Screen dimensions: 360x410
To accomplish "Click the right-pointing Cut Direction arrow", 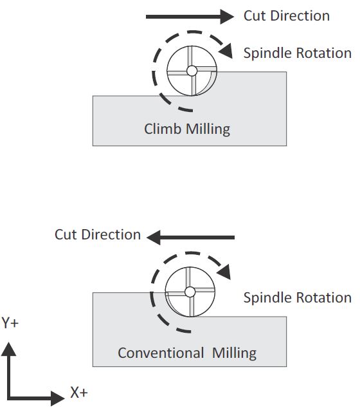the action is point(190,17).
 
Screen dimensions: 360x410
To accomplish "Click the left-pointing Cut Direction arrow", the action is point(191,238).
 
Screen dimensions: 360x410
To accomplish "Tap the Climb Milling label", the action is point(187,129).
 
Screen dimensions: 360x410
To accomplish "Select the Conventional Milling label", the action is point(187,353).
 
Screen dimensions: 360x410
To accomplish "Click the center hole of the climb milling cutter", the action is point(192,71).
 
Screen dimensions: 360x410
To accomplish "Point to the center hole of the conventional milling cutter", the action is point(190,292).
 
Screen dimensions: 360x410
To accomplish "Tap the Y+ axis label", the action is point(10,322).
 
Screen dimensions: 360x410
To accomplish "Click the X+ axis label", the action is point(79,393).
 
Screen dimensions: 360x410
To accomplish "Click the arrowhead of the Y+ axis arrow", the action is point(8,349).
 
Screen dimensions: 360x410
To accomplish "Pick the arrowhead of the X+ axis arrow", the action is point(57,398).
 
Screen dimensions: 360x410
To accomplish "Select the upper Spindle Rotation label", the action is point(297,53).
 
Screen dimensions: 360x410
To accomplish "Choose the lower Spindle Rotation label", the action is point(297,297).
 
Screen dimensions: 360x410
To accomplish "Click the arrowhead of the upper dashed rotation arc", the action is point(226,51).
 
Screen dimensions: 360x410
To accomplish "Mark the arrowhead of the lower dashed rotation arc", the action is point(224,272).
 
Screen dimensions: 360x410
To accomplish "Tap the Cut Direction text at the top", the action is point(287,15).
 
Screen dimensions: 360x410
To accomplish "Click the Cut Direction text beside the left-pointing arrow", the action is point(98,234).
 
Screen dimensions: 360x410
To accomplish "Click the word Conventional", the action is point(161,353).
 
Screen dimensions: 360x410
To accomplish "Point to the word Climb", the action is point(163,129).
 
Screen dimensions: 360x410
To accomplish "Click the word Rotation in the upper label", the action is point(324,53).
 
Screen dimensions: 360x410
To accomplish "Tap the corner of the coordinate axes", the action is point(9,398).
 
